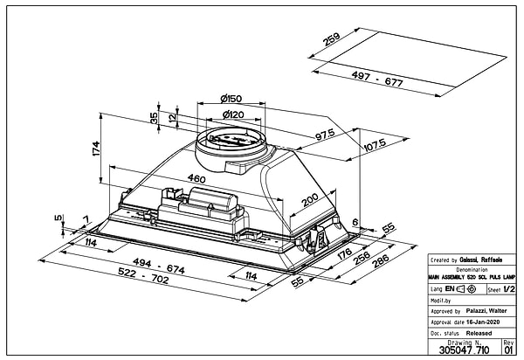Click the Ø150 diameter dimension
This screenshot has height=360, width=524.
[x=231, y=99]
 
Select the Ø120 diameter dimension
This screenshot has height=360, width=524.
[x=231, y=115]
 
